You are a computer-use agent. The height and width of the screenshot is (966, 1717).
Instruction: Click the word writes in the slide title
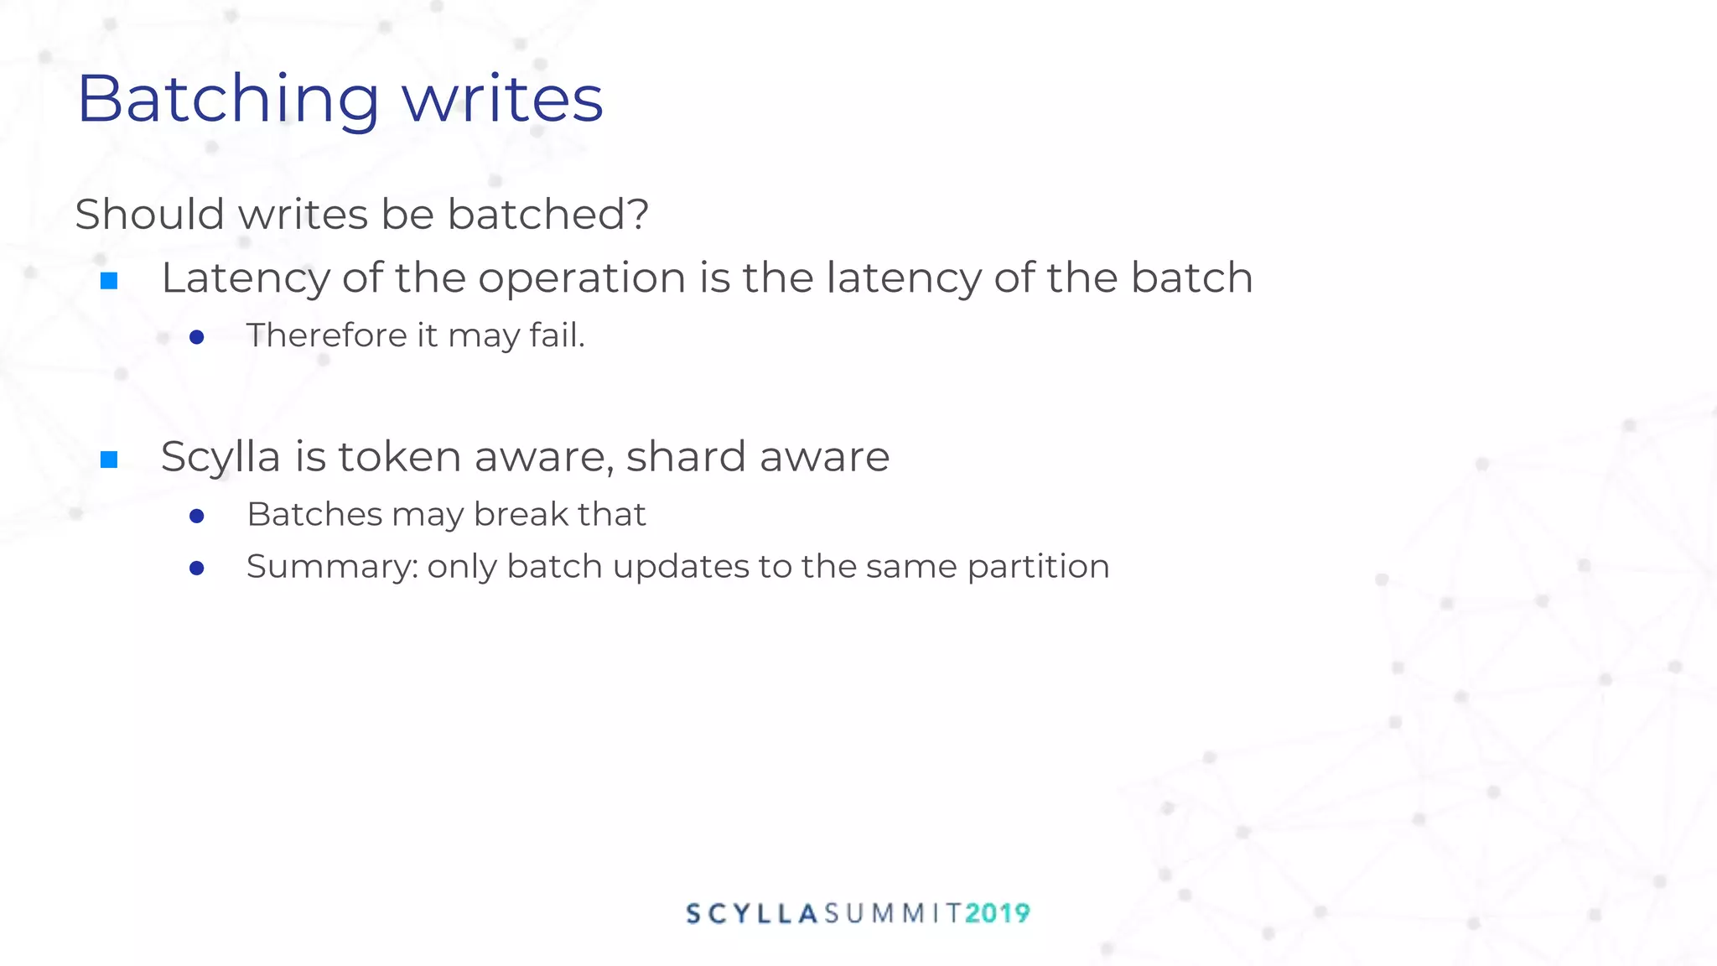[x=502, y=99]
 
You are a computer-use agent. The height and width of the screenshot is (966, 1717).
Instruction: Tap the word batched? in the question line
[x=547, y=214]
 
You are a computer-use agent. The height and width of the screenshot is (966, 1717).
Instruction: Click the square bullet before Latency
[x=109, y=280]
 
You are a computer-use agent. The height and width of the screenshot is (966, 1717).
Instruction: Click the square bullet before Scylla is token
[x=109, y=459]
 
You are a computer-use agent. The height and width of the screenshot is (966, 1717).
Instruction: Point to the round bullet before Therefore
[x=197, y=337]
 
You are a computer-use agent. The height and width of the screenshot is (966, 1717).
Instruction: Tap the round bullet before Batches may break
[x=197, y=516]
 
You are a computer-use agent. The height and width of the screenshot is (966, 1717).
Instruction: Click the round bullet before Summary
[x=197, y=569]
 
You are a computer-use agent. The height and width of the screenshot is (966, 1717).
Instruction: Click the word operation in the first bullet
[x=582, y=278]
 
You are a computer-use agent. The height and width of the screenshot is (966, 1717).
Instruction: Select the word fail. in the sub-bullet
[x=557, y=335]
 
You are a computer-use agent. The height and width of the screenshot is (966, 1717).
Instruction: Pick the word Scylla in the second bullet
[x=220, y=458]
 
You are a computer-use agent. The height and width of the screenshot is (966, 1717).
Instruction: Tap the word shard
[x=686, y=457]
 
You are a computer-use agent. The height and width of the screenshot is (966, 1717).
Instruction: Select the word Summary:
[x=332, y=567]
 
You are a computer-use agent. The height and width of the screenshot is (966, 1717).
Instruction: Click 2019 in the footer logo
[x=997, y=913]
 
